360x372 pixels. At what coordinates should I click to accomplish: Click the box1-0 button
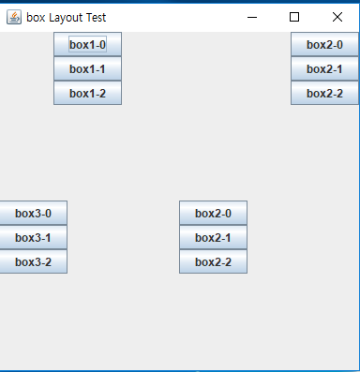pyautogui.click(x=87, y=45)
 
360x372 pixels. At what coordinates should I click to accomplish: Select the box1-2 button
pyautogui.click(x=87, y=94)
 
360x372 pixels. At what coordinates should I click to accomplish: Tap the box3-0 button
pyautogui.click(x=33, y=214)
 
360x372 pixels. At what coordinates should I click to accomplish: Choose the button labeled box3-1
pyautogui.click(x=33, y=238)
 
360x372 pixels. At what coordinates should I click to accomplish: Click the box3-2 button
pyautogui.click(x=33, y=262)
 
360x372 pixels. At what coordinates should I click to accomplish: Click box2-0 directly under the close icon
pyautogui.click(x=324, y=45)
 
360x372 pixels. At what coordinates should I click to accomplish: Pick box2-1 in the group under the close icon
pyautogui.click(x=324, y=69)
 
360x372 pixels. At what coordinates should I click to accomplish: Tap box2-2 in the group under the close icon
pyautogui.click(x=324, y=94)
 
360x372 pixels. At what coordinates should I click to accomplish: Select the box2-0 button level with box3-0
pyautogui.click(x=213, y=214)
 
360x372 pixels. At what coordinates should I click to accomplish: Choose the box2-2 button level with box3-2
pyautogui.click(x=213, y=262)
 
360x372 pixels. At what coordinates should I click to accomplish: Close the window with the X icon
pyautogui.click(x=337, y=17)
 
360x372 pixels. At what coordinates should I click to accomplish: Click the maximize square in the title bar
pyautogui.click(x=294, y=17)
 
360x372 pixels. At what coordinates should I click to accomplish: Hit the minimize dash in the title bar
pyautogui.click(x=251, y=17)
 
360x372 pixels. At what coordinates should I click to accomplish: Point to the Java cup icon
pyautogui.click(x=14, y=17)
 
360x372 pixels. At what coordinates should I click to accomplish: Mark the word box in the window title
pyautogui.click(x=36, y=17)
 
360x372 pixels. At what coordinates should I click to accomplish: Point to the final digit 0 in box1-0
pyautogui.click(x=102, y=45)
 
